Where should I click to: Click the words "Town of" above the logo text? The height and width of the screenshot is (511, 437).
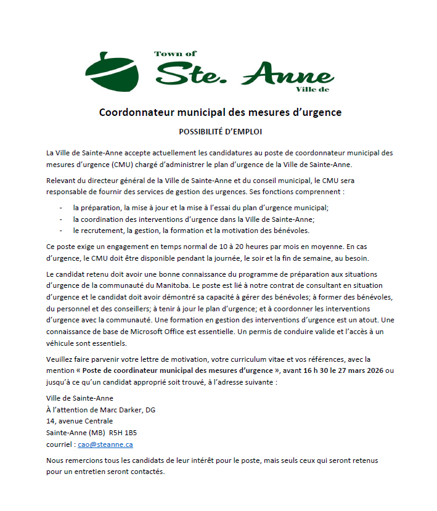click(x=175, y=54)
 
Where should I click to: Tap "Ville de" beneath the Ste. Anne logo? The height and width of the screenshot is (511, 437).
click(x=312, y=89)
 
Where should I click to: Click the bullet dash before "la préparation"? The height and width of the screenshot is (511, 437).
click(x=61, y=208)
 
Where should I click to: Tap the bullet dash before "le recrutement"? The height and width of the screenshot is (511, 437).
click(x=61, y=231)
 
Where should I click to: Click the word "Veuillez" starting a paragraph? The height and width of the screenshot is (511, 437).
click(x=60, y=359)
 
